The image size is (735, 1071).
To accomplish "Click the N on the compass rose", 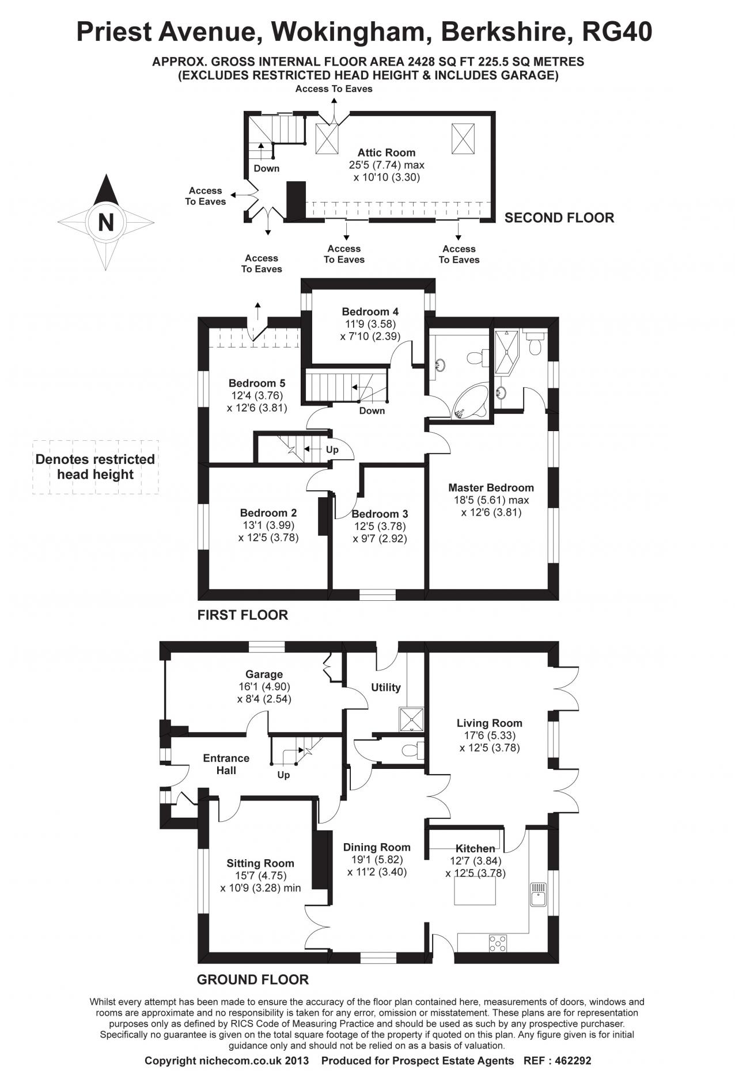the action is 105,222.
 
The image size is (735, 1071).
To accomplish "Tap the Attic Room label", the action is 386,153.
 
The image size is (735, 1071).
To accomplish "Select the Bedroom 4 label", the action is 370,312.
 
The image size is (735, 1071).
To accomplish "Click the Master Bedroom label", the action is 491,487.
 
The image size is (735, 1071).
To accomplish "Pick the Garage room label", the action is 264,674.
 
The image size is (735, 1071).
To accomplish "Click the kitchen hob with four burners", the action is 498,943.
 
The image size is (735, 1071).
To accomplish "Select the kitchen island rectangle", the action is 474,891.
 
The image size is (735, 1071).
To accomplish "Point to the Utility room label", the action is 385,687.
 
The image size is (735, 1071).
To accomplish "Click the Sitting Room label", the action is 260,863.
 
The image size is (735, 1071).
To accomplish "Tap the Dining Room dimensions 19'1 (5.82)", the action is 377,859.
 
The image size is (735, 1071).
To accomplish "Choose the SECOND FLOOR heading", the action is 559,218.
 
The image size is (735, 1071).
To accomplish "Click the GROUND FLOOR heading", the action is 252,979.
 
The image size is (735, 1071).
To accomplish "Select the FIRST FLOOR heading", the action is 243,615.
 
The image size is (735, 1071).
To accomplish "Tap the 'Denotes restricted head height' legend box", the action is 95,467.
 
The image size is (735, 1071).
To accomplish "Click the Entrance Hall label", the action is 226,764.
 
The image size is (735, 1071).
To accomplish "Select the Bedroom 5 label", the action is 256,383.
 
